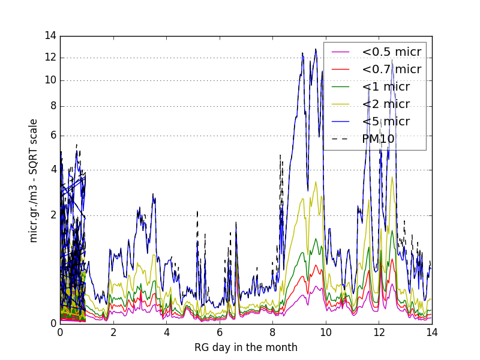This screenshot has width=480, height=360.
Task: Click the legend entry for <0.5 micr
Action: click(391, 52)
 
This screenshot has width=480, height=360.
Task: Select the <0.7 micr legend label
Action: click(391, 70)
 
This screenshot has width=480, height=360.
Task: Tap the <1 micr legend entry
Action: click(385, 87)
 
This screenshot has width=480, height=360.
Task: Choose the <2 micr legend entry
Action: click(385, 104)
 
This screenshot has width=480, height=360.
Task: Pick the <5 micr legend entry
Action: click(385, 122)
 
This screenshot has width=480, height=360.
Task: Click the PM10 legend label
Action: click(378, 139)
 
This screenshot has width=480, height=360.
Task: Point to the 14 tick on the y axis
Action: click(50, 36)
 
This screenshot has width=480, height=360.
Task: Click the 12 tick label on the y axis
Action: click(50, 58)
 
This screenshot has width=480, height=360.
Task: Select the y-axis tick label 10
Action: click(50, 80)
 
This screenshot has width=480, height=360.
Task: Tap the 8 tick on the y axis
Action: click(53, 106)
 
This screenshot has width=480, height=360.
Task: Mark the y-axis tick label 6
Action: click(53, 136)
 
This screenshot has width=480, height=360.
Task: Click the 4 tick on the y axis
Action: click(53, 170)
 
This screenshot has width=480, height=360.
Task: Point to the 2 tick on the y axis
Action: click(53, 215)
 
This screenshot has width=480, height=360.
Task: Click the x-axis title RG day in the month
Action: click(246, 347)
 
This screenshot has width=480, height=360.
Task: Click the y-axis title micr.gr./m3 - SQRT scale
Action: click(34, 180)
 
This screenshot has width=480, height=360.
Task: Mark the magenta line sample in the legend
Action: click(341, 52)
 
